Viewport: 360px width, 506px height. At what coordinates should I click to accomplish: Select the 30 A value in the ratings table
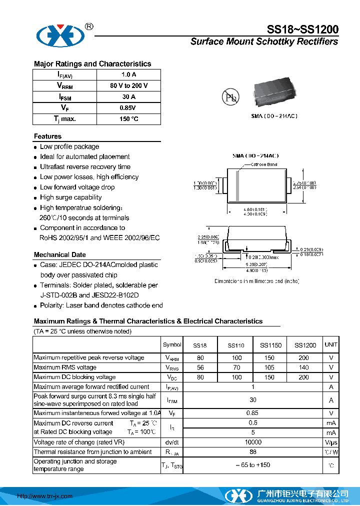[x=128, y=97]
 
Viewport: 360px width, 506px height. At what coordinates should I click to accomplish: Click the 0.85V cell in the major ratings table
[x=128, y=108]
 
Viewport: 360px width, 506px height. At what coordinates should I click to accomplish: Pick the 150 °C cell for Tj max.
[x=128, y=119]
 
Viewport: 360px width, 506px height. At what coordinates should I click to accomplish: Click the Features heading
[x=47, y=136]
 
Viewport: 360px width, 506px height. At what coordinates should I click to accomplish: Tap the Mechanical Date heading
[x=59, y=254]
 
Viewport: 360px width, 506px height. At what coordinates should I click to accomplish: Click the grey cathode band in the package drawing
[x=238, y=186]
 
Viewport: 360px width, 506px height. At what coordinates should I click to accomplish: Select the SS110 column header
[x=236, y=345]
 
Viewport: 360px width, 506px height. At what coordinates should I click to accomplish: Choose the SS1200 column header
[x=305, y=345]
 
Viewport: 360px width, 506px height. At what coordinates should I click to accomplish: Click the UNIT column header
[x=331, y=344]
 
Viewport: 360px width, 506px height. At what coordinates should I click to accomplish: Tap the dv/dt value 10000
[x=253, y=442]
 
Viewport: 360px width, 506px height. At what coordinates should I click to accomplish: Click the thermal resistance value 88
[x=253, y=452]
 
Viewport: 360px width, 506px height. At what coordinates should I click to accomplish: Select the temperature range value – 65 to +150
[x=253, y=465]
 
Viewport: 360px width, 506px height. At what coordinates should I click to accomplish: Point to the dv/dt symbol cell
[x=172, y=442]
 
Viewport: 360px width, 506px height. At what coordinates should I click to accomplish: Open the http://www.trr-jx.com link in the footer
[x=45, y=496]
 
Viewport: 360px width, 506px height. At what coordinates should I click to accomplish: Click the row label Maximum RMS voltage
[x=64, y=367]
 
